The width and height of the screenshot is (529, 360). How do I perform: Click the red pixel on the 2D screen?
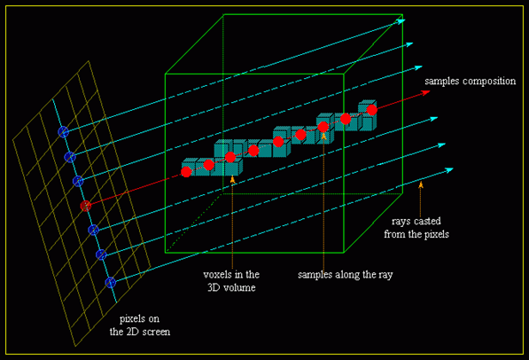coord(86,206)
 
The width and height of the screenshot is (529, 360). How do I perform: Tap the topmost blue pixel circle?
coord(63,131)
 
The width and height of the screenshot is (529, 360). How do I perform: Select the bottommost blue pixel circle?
coord(111,282)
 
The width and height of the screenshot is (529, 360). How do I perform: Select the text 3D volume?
coord(224,286)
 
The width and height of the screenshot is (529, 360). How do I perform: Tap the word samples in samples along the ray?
coord(319,274)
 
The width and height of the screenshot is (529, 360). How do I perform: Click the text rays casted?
coord(414,221)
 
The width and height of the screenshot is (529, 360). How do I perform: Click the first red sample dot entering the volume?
coord(186,172)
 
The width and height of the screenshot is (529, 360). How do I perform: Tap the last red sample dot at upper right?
coord(372,109)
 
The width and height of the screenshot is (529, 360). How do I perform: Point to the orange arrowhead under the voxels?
coord(231,179)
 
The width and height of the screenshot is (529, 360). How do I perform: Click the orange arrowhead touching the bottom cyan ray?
coord(421,184)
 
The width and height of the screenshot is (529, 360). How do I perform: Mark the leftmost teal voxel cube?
coord(189,167)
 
